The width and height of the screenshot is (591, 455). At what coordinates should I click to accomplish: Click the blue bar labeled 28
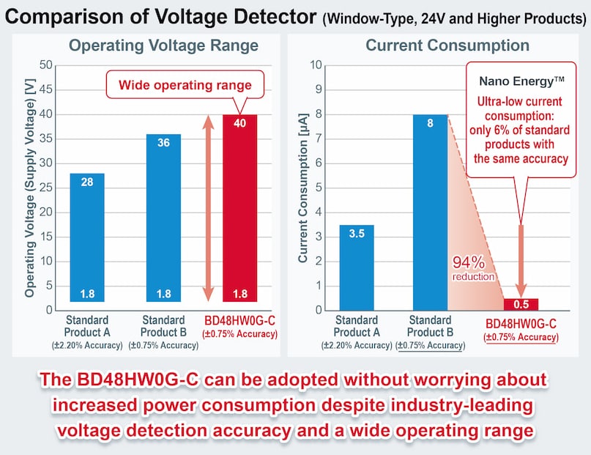87,237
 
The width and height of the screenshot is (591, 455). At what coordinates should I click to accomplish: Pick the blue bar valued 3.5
357,267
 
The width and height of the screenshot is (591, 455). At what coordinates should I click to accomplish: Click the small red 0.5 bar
521,304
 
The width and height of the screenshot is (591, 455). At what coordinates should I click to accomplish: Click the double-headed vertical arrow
208,209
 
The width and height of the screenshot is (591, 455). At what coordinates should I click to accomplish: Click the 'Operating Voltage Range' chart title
163,45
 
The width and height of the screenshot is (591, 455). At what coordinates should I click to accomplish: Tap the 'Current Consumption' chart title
447,45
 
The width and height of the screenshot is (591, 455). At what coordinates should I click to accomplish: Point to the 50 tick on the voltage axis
46,65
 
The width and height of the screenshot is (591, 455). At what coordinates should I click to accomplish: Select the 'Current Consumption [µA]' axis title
302,188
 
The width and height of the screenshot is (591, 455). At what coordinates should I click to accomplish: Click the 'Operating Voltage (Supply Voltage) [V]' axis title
30,188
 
